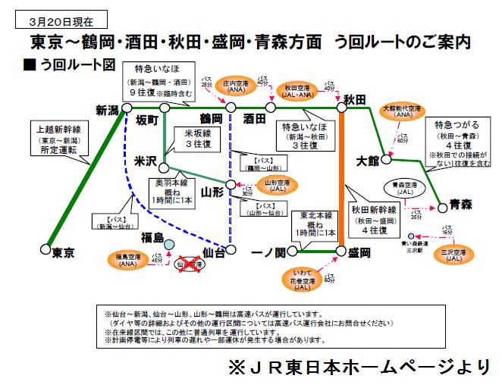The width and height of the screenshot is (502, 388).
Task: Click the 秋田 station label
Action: click(x=355, y=99)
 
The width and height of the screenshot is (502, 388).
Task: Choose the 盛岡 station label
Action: click(x=357, y=252)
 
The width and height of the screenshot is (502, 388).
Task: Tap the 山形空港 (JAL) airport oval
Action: click(x=277, y=184)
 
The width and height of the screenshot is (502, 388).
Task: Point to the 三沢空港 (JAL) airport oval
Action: click(x=451, y=255)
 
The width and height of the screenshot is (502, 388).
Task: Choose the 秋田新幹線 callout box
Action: click(x=374, y=217)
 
